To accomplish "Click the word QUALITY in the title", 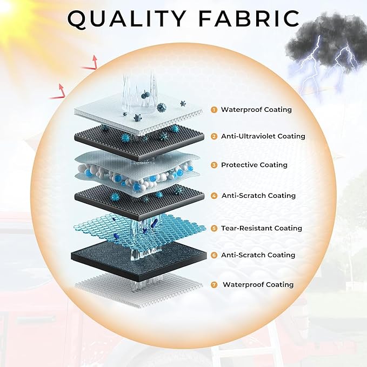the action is [126, 19].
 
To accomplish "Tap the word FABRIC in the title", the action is [249, 18].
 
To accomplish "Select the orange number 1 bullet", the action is [214, 110].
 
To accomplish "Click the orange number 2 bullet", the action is [214, 136].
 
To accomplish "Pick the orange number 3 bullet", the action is [214, 165].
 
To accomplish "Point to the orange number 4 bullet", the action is [214, 196].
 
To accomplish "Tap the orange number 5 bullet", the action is [214, 228].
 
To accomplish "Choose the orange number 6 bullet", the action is [214, 255].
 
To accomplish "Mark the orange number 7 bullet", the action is [214, 285].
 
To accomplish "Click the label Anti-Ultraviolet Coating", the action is [263, 136].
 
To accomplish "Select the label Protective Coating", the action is [254, 165].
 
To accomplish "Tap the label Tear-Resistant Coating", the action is [262, 228].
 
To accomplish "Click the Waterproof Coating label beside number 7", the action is [258, 285].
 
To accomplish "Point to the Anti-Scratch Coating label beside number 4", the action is [258, 196].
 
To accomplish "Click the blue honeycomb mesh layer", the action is [139, 232].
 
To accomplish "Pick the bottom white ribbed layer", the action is [138, 289].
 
